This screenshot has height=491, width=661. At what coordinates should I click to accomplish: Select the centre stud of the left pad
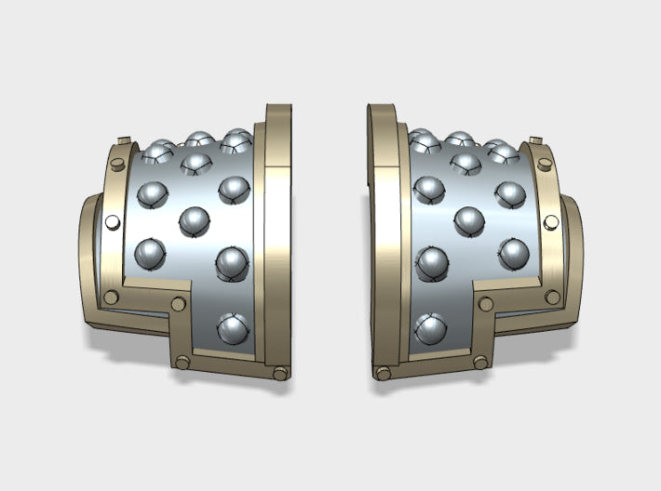(x=194, y=221)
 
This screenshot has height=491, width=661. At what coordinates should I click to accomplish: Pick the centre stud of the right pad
(x=468, y=221)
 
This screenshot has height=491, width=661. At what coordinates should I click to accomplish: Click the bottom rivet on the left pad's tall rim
(x=280, y=373)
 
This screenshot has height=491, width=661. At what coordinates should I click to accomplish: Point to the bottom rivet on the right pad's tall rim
(x=381, y=373)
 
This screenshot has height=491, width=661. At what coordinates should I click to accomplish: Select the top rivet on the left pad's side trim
(x=117, y=165)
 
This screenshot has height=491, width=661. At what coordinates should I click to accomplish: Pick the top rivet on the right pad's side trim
(x=545, y=165)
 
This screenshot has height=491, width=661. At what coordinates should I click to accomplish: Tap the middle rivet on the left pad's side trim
(x=113, y=223)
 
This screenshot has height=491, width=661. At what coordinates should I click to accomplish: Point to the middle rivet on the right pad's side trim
(x=549, y=223)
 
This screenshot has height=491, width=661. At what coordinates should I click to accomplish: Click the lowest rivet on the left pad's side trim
(x=113, y=297)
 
